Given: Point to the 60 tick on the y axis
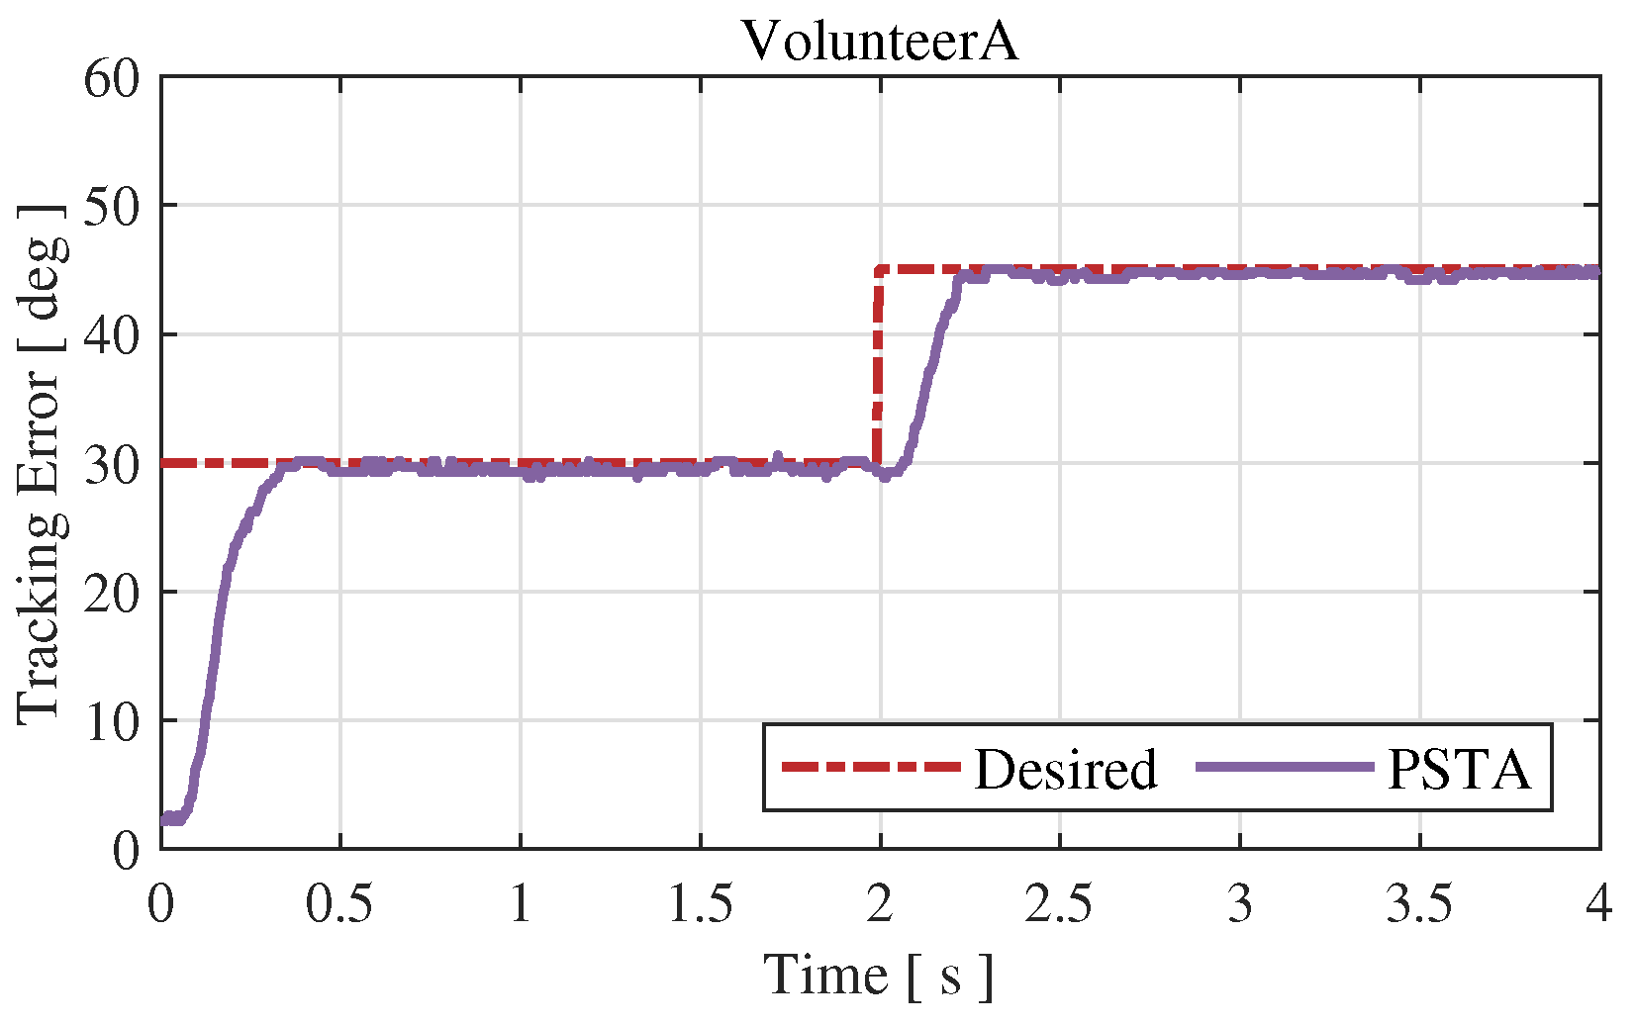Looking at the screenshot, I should [111, 77].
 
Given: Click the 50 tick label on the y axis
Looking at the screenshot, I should [111, 206].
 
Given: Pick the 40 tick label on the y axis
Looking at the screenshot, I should [111, 334].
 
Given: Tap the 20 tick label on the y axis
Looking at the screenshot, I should [111, 592].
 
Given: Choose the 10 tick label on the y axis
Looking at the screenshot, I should [111, 720].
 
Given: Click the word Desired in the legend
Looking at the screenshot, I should [1065, 769].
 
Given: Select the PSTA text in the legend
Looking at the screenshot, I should [1459, 769].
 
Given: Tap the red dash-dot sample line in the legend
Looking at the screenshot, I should [871, 767].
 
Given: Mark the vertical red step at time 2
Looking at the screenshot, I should [878, 366].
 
